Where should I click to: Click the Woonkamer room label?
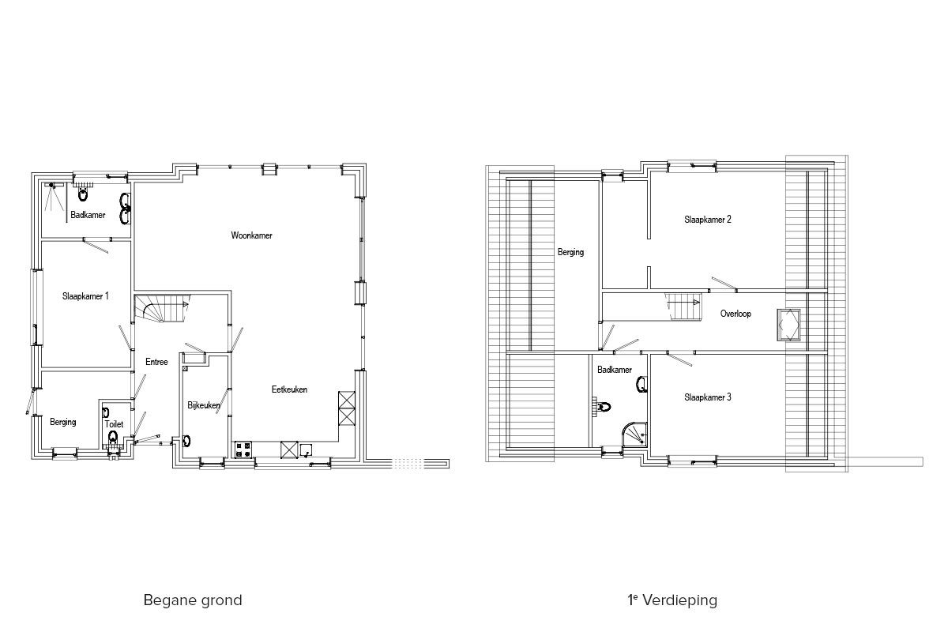coord(251,235)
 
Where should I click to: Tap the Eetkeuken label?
coord(289,389)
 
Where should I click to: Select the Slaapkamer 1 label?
coord(85,296)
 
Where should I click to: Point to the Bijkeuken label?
coord(204,405)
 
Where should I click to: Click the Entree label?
coord(156,362)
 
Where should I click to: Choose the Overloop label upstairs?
coord(735,314)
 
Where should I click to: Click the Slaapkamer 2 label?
coord(708,220)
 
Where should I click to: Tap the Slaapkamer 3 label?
coord(708,397)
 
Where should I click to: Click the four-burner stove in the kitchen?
coord(243,450)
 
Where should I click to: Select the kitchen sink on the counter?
coord(306,450)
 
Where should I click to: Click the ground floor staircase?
coord(162,308)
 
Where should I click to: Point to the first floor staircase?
coord(683,307)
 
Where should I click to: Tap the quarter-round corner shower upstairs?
coord(635,434)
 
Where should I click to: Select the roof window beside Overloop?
coord(788,325)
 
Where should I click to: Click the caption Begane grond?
coord(193,600)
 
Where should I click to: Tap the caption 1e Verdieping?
coord(672,600)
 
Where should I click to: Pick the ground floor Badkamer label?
coord(88,215)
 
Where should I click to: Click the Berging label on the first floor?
coord(570,253)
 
